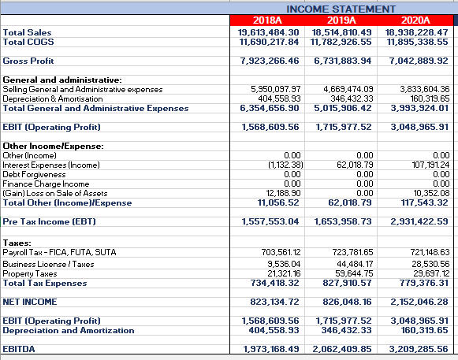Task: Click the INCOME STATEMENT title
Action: [341, 8]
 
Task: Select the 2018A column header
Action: [269, 20]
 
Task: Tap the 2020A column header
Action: [415, 20]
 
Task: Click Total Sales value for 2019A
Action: [341, 32]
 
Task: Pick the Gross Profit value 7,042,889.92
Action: [415, 61]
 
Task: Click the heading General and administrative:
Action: [62, 80]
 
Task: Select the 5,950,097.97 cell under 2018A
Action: [269, 90]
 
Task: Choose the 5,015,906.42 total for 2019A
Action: [341, 108]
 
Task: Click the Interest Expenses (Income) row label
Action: [51, 164]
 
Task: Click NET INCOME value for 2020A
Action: [415, 302]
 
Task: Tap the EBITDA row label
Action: [21, 347]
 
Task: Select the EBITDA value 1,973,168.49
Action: [269, 347]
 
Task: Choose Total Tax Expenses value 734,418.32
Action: [269, 282]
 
